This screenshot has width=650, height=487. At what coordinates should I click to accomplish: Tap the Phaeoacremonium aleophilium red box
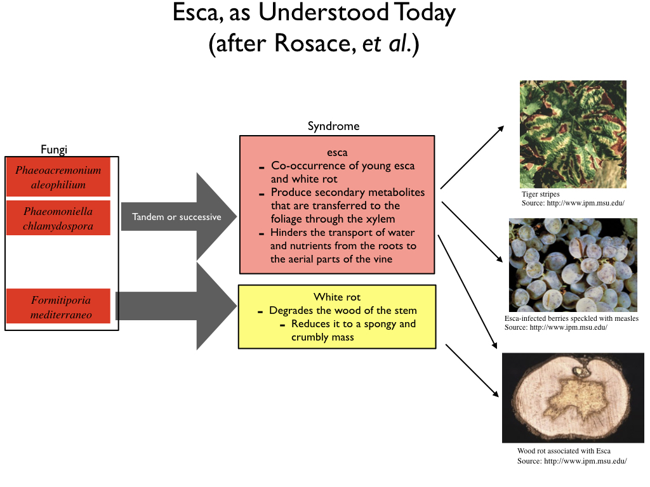pos(58,178)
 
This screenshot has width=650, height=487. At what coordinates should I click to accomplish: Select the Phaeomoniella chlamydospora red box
pos(58,218)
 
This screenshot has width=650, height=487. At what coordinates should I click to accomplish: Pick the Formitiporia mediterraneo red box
pos(58,306)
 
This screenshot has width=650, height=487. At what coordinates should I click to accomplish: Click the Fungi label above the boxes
pos(54,150)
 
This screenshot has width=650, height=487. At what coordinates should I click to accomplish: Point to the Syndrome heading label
pos(333,126)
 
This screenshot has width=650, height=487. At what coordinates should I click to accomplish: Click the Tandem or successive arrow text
pos(176,217)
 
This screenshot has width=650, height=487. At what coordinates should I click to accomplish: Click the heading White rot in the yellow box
pos(336,297)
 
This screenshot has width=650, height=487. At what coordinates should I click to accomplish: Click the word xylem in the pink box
pos(380,219)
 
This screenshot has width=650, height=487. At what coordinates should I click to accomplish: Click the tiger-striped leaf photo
pos(573,134)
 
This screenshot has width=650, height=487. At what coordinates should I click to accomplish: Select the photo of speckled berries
pos(573,264)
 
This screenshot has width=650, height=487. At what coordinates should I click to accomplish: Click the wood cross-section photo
pos(573,397)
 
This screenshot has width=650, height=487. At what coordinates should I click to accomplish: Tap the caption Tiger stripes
pos(541,194)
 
